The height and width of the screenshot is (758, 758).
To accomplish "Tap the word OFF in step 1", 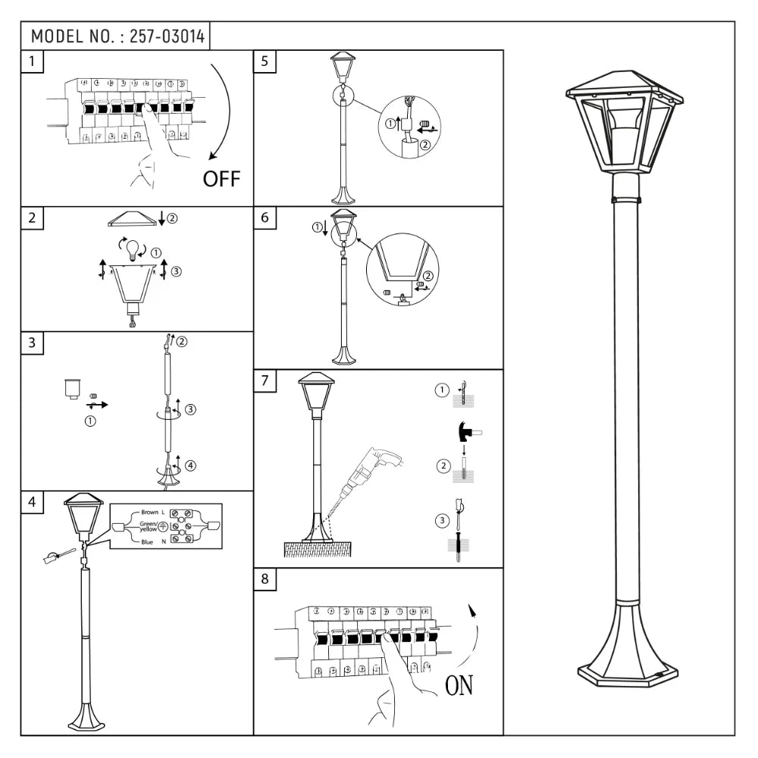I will (x=221, y=179).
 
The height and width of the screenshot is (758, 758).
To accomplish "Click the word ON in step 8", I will (x=459, y=686).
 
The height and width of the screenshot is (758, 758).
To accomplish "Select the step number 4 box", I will (x=32, y=502).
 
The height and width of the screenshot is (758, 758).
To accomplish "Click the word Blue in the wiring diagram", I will (x=147, y=541).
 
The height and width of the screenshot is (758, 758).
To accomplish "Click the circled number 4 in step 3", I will (x=190, y=465).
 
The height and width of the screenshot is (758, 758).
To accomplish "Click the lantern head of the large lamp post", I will (x=624, y=121).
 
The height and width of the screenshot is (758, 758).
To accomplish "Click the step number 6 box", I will (x=265, y=218).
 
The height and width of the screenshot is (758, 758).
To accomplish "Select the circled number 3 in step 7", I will (x=442, y=520).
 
